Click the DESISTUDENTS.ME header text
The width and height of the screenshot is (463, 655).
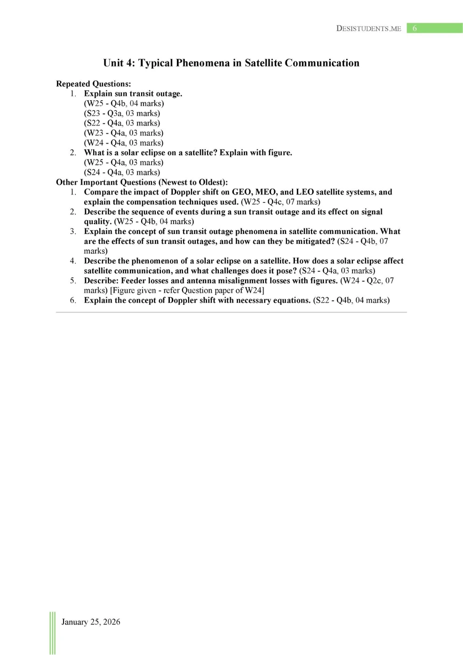368,28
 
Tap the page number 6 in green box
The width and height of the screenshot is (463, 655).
415,28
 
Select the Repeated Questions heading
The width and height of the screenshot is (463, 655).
93,84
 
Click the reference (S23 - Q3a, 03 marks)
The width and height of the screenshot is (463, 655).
122,113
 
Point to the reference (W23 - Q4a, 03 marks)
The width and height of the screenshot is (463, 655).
124,133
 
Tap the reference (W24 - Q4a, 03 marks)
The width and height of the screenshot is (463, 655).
124,143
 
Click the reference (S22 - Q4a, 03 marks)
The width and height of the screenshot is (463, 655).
122,123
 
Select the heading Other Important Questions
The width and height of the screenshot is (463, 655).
142,182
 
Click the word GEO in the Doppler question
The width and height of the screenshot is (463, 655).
241,192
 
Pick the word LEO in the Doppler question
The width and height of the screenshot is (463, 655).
304,192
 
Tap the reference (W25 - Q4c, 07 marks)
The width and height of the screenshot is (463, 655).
280,202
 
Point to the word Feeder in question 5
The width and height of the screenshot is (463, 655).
134,281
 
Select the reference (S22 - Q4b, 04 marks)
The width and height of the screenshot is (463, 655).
351,300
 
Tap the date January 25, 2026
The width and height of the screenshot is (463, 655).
91,622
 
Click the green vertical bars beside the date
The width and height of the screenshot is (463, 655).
52,633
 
